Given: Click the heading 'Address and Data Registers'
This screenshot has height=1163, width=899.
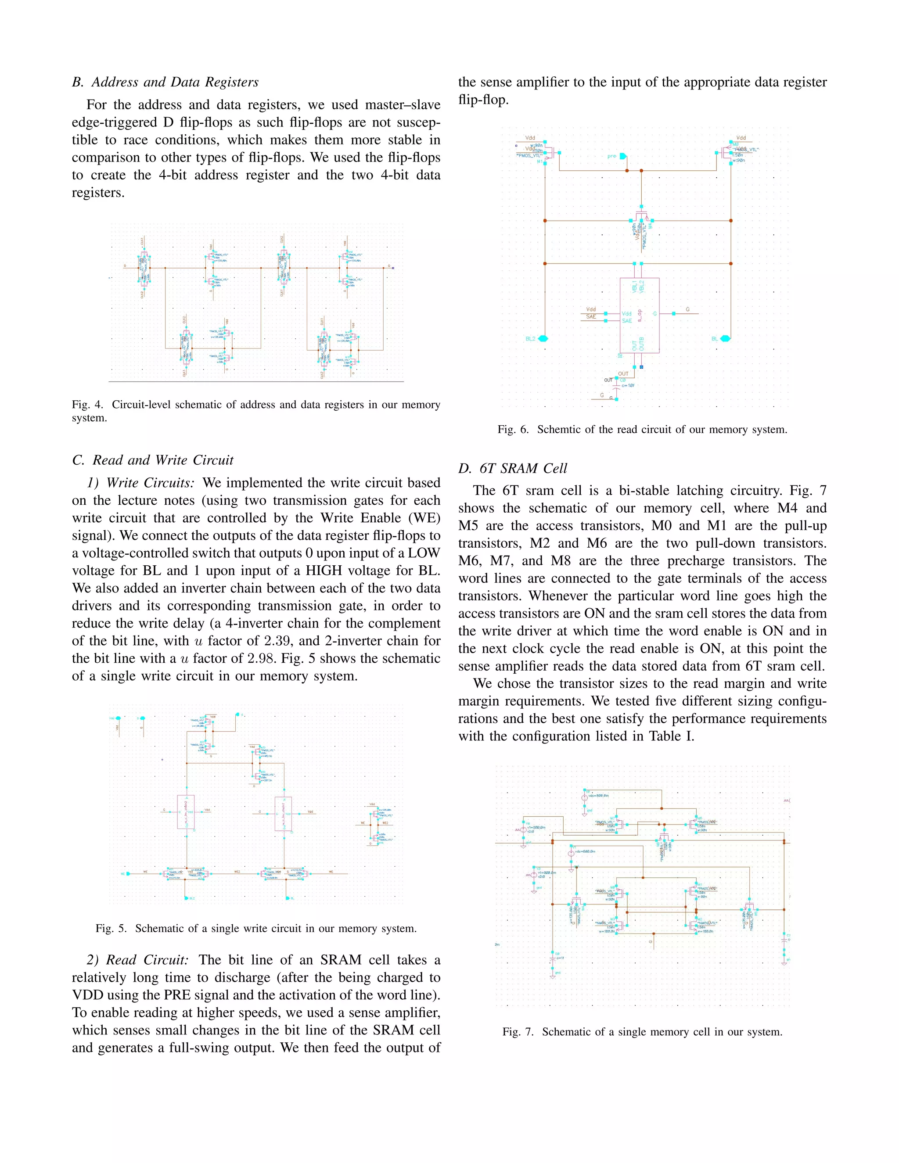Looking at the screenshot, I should pyautogui.click(x=175, y=82).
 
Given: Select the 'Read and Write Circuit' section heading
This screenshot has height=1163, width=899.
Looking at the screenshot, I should pyautogui.click(x=163, y=460).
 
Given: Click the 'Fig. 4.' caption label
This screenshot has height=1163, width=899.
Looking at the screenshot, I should pyautogui.click(x=87, y=405).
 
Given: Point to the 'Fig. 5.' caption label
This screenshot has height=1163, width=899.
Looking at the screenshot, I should pyautogui.click(x=111, y=928).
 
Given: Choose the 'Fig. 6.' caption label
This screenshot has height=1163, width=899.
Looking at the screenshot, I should pyautogui.click(x=513, y=429).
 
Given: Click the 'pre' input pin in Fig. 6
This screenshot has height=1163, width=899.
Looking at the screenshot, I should pyautogui.click(x=623, y=157).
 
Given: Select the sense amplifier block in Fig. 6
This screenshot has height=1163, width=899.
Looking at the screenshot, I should pyautogui.click(x=639, y=315).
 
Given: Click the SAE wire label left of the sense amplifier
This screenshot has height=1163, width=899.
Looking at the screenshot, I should pyautogui.click(x=591, y=317).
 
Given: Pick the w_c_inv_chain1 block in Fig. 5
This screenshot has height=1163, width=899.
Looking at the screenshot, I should pyautogui.click(x=283, y=813).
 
